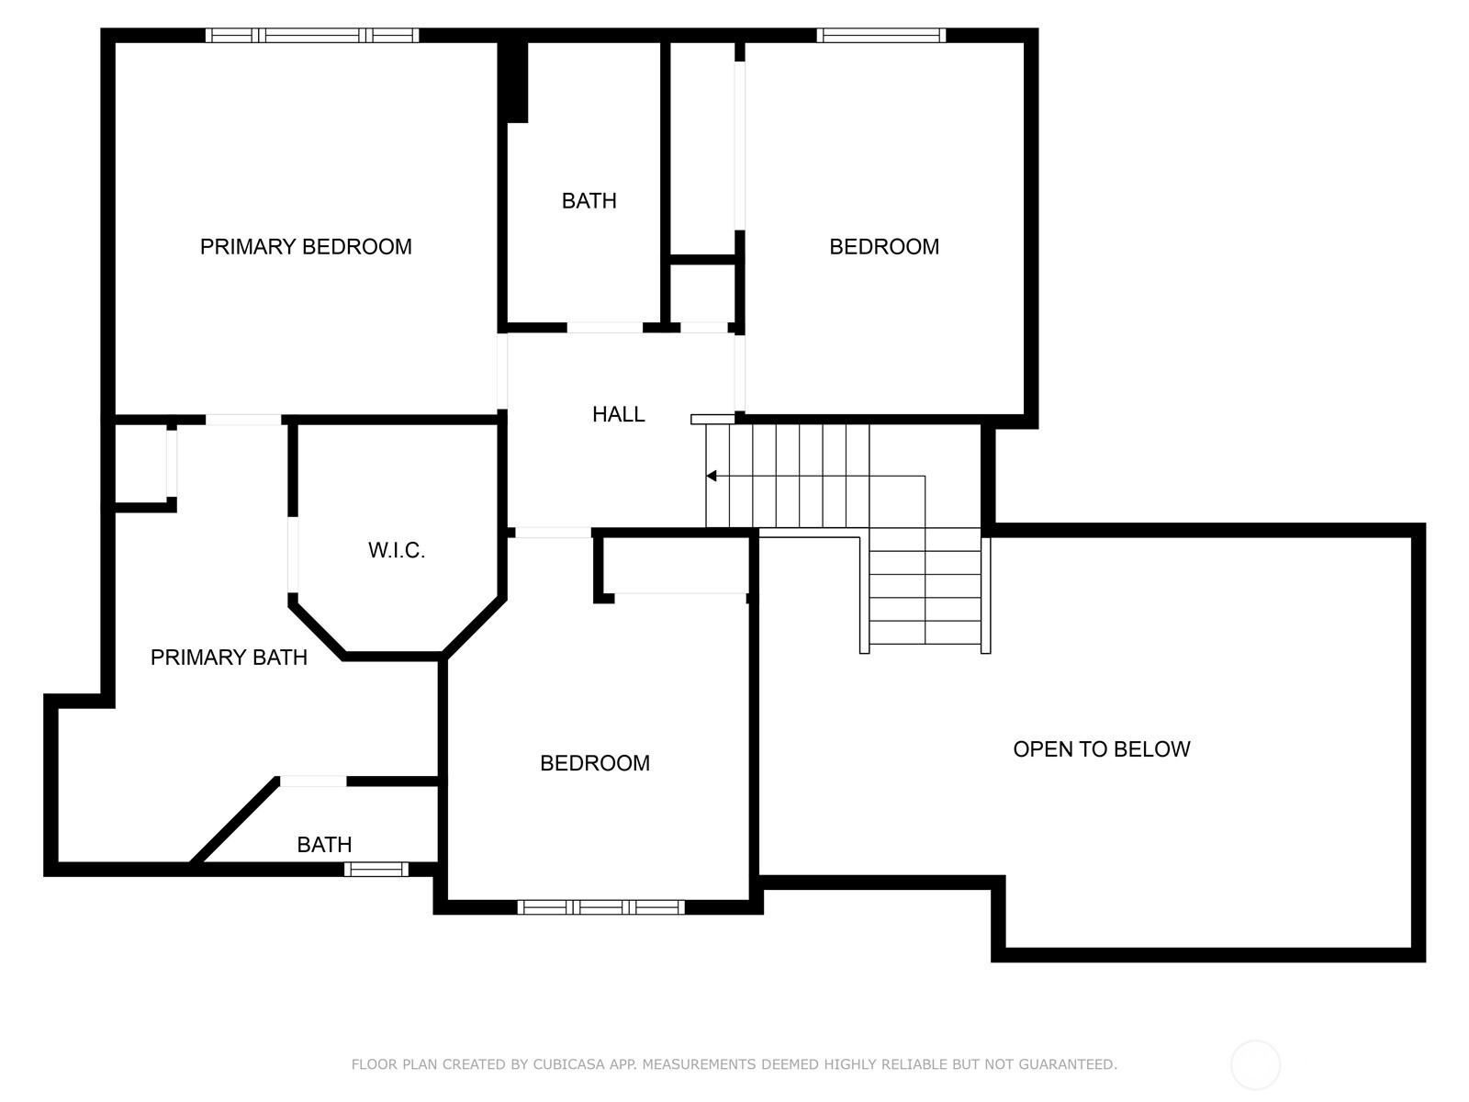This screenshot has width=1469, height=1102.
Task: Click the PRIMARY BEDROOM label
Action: pos(306,247)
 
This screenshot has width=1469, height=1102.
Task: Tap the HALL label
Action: pos(619,415)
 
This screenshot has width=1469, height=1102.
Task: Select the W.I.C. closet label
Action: pos(397,551)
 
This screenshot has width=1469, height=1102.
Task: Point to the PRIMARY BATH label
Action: pos(229,658)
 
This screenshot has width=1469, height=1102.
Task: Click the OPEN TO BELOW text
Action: pos(1102,749)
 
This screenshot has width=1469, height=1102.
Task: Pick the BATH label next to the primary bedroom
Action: pos(589,201)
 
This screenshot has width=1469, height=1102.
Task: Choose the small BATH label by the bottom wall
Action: pos(324,845)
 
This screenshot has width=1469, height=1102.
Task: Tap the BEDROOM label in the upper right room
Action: pos(884,247)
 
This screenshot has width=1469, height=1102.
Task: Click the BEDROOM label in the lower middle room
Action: pos(594,763)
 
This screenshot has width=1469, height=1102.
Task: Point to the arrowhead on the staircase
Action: pos(712,476)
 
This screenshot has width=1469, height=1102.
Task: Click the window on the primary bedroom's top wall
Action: pos(312,36)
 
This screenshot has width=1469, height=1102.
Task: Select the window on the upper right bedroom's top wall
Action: pos(881,36)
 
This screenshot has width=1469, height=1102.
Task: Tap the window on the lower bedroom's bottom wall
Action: pos(601,907)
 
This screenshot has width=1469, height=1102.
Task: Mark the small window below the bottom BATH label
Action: pos(376,869)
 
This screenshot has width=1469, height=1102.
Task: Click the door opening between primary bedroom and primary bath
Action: pos(243,421)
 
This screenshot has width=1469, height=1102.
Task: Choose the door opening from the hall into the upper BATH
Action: pos(605,328)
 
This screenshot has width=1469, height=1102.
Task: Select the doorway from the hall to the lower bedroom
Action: pos(553,533)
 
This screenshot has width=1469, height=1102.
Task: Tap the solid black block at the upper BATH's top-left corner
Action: pos(517,83)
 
